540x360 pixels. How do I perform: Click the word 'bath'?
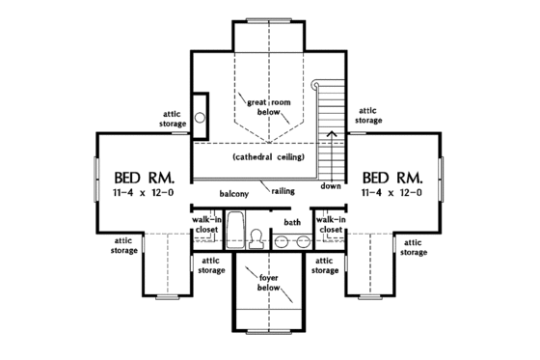pyautogui.click(x=291, y=223)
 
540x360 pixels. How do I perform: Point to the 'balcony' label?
pyautogui.click(x=234, y=194)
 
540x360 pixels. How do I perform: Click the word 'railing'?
pyautogui.click(x=283, y=191)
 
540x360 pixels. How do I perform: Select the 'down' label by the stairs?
pyautogui.click(x=331, y=185)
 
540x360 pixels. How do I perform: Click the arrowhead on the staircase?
pyautogui.click(x=332, y=133)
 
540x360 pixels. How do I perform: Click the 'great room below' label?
pyautogui.click(x=269, y=105)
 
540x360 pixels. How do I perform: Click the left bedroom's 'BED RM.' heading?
pyautogui.click(x=144, y=178)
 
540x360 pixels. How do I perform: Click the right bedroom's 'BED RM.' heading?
pyautogui.click(x=392, y=178)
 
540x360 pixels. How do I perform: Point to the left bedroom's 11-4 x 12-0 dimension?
pyautogui.click(x=144, y=194)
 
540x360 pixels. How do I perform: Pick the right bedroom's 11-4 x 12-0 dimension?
pyautogui.click(x=392, y=194)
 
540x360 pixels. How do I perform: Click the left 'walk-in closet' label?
pyautogui.click(x=206, y=225)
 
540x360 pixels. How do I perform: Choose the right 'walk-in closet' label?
pyautogui.click(x=330, y=225)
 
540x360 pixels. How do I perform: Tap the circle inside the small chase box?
pyautogui.click(x=200, y=118)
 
